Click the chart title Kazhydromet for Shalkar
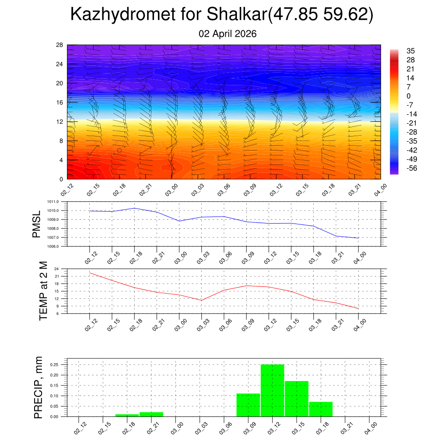click(221, 15)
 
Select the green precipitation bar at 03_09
click(248, 405)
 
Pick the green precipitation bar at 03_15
click(297, 399)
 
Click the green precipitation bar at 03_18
click(321, 409)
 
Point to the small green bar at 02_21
click(151, 414)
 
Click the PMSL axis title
click(37, 224)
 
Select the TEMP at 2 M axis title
click(43, 291)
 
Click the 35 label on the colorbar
click(410, 50)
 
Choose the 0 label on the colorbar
click(409, 96)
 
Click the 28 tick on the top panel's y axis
click(59, 45)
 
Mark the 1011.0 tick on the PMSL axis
click(55, 202)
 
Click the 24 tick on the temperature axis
click(56, 269)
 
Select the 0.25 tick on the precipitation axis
click(54, 364)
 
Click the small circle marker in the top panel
click(119, 150)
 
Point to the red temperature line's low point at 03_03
click(202, 300)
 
